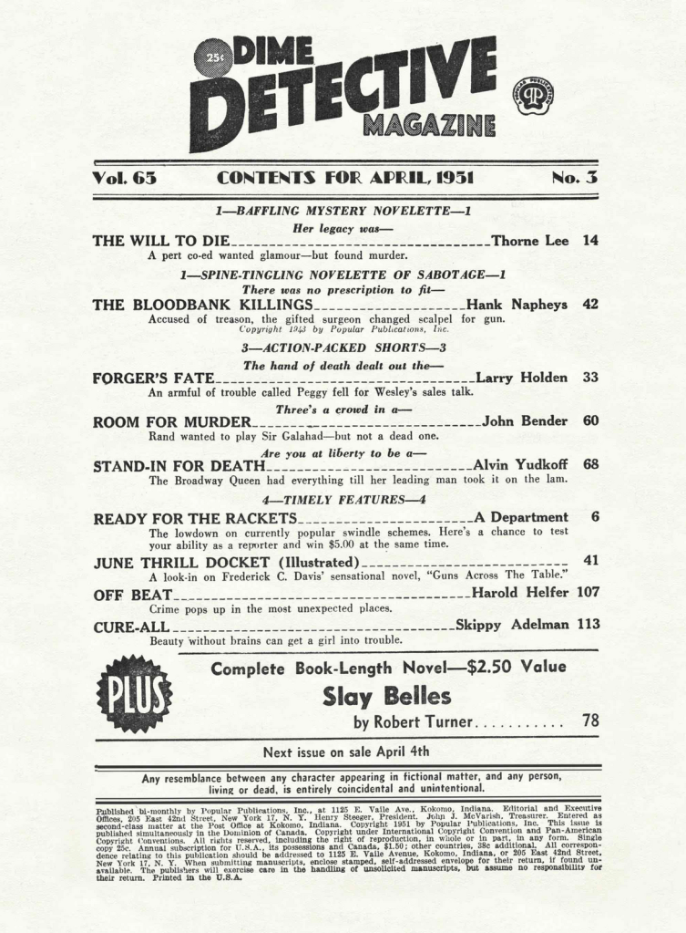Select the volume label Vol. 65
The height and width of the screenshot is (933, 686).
(125, 179)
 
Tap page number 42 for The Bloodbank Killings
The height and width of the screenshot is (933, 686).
(589, 305)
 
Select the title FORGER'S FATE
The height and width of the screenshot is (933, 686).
(153, 378)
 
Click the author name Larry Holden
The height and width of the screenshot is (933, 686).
(522, 378)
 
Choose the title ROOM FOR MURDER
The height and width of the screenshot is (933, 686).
(171, 421)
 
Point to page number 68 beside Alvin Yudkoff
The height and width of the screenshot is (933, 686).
(589, 465)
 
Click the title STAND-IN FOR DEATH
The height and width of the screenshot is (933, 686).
(179, 465)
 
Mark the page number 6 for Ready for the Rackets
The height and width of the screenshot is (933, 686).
(593, 517)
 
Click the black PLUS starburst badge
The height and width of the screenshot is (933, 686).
(135, 694)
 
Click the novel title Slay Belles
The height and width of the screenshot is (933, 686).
(387, 697)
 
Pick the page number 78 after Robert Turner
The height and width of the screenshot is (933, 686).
(589, 721)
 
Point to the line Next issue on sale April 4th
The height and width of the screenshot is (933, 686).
(345, 752)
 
